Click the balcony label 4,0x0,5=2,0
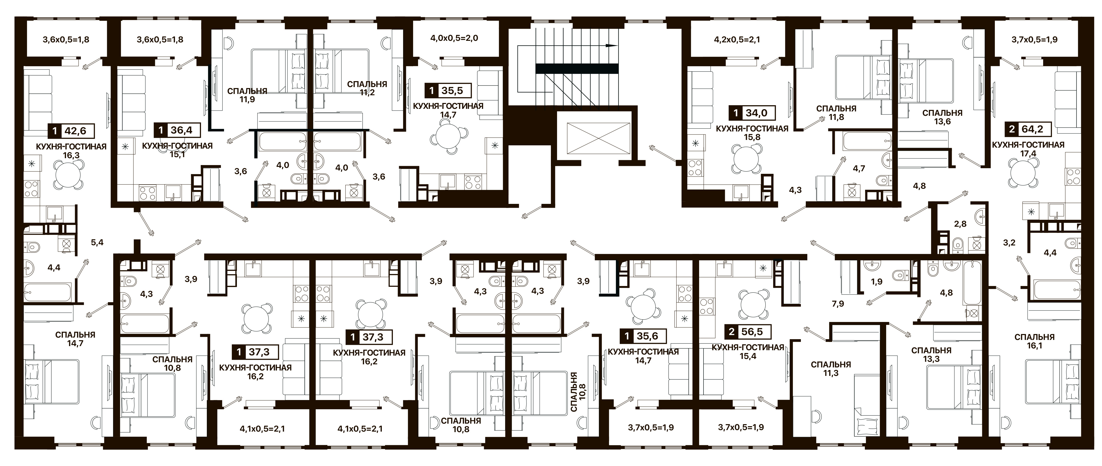pyautogui.click(x=454, y=38)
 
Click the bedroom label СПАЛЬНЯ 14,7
pyautogui.click(x=75, y=339)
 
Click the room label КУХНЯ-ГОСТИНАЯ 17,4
pyautogui.click(x=1028, y=149)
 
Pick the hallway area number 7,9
pyautogui.click(x=838, y=304)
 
